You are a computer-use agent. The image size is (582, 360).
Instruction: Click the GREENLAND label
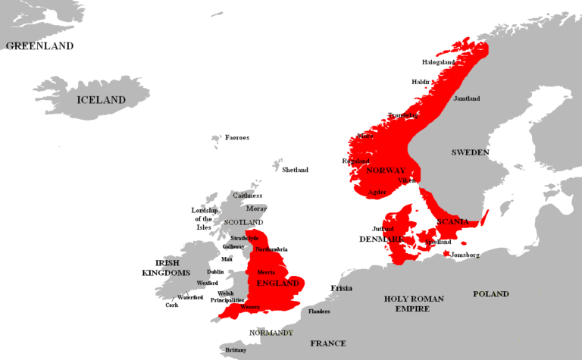pos(39,45)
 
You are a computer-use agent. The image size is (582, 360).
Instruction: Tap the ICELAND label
pos(101,100)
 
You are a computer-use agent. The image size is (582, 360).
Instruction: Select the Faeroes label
pos(237,138)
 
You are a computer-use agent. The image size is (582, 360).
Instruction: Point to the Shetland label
pos(295,170)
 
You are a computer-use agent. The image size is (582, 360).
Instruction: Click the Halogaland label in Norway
pos(439,62)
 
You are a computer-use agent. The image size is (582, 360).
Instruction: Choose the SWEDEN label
pos(470,152)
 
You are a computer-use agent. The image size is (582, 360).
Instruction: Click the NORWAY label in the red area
pos(386,171)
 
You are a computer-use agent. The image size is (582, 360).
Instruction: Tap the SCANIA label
pos(452,221)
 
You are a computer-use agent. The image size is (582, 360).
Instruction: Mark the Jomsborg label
pos(465,255)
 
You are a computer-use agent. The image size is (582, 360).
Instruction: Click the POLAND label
pos(490,294)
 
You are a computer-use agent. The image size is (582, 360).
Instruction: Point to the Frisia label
pos(341,288)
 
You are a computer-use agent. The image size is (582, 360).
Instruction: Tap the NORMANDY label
pos(271,333)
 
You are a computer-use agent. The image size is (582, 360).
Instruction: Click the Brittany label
pos(235,350)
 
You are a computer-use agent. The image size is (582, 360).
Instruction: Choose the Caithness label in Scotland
pos(247,196)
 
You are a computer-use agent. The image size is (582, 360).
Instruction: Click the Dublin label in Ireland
pos(215,271)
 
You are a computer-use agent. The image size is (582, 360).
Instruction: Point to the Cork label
pos(172,305)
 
